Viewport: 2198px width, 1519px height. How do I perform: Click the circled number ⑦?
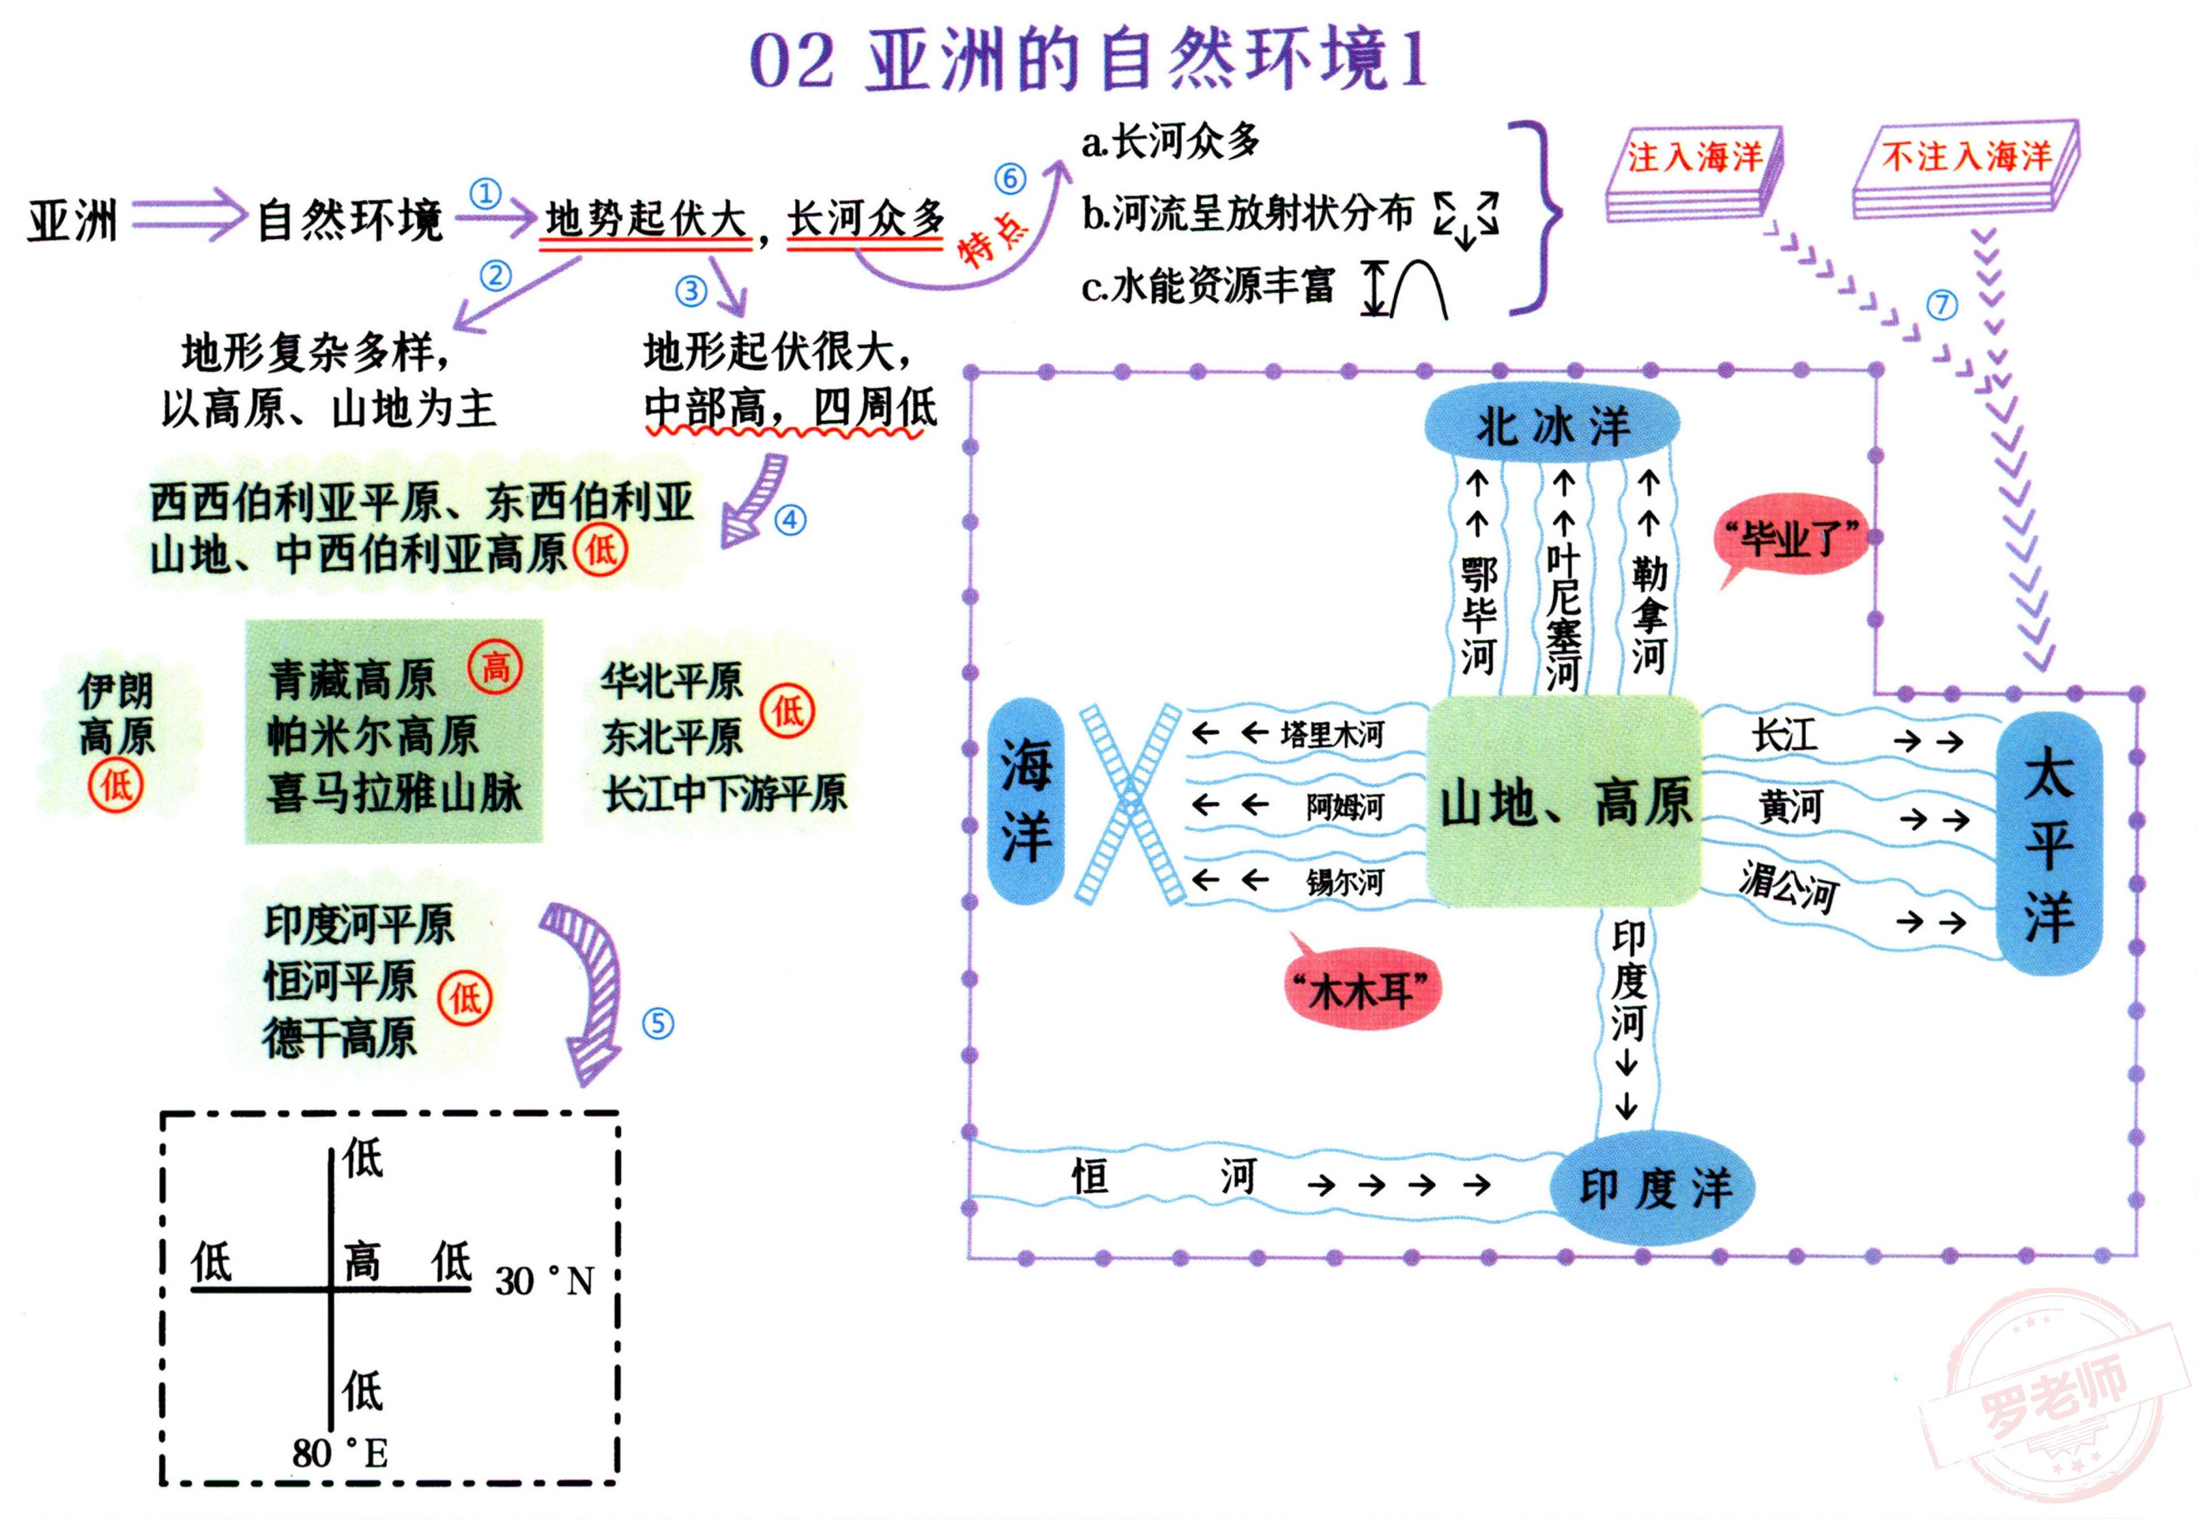click(x=1942, y=305)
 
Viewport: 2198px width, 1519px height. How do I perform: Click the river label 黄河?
click(x=1789, y=807)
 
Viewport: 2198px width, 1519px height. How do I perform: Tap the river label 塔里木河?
click(x=1331, y=734)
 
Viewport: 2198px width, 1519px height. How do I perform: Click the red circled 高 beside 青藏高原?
click(x=495, y=665)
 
